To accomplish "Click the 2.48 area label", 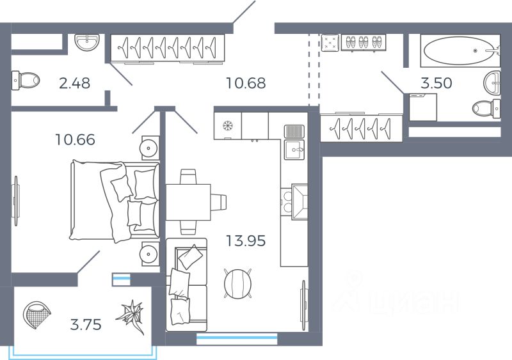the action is point(74,83).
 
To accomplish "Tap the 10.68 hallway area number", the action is point(246,83).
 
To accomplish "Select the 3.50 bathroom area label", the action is point(436,83).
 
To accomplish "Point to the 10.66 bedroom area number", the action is point(75,139).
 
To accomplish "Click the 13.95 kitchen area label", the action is point(246,241).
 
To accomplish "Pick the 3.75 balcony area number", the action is point(86,325).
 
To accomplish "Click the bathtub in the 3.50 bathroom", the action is point(460,51).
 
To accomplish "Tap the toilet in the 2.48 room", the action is point(26,81).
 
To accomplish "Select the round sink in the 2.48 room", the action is point(86,42).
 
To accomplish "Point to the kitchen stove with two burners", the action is point(294,201).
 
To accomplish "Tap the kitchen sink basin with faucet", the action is point(294,150).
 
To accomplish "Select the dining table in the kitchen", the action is point(188,202).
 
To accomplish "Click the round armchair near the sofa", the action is point(238,283).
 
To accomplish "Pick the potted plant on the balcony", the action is point(131,316).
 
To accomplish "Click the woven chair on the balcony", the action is point(36,315).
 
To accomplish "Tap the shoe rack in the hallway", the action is point(364,42).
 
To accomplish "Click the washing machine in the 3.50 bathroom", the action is point(423,107).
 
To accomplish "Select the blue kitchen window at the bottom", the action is point(237,339).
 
